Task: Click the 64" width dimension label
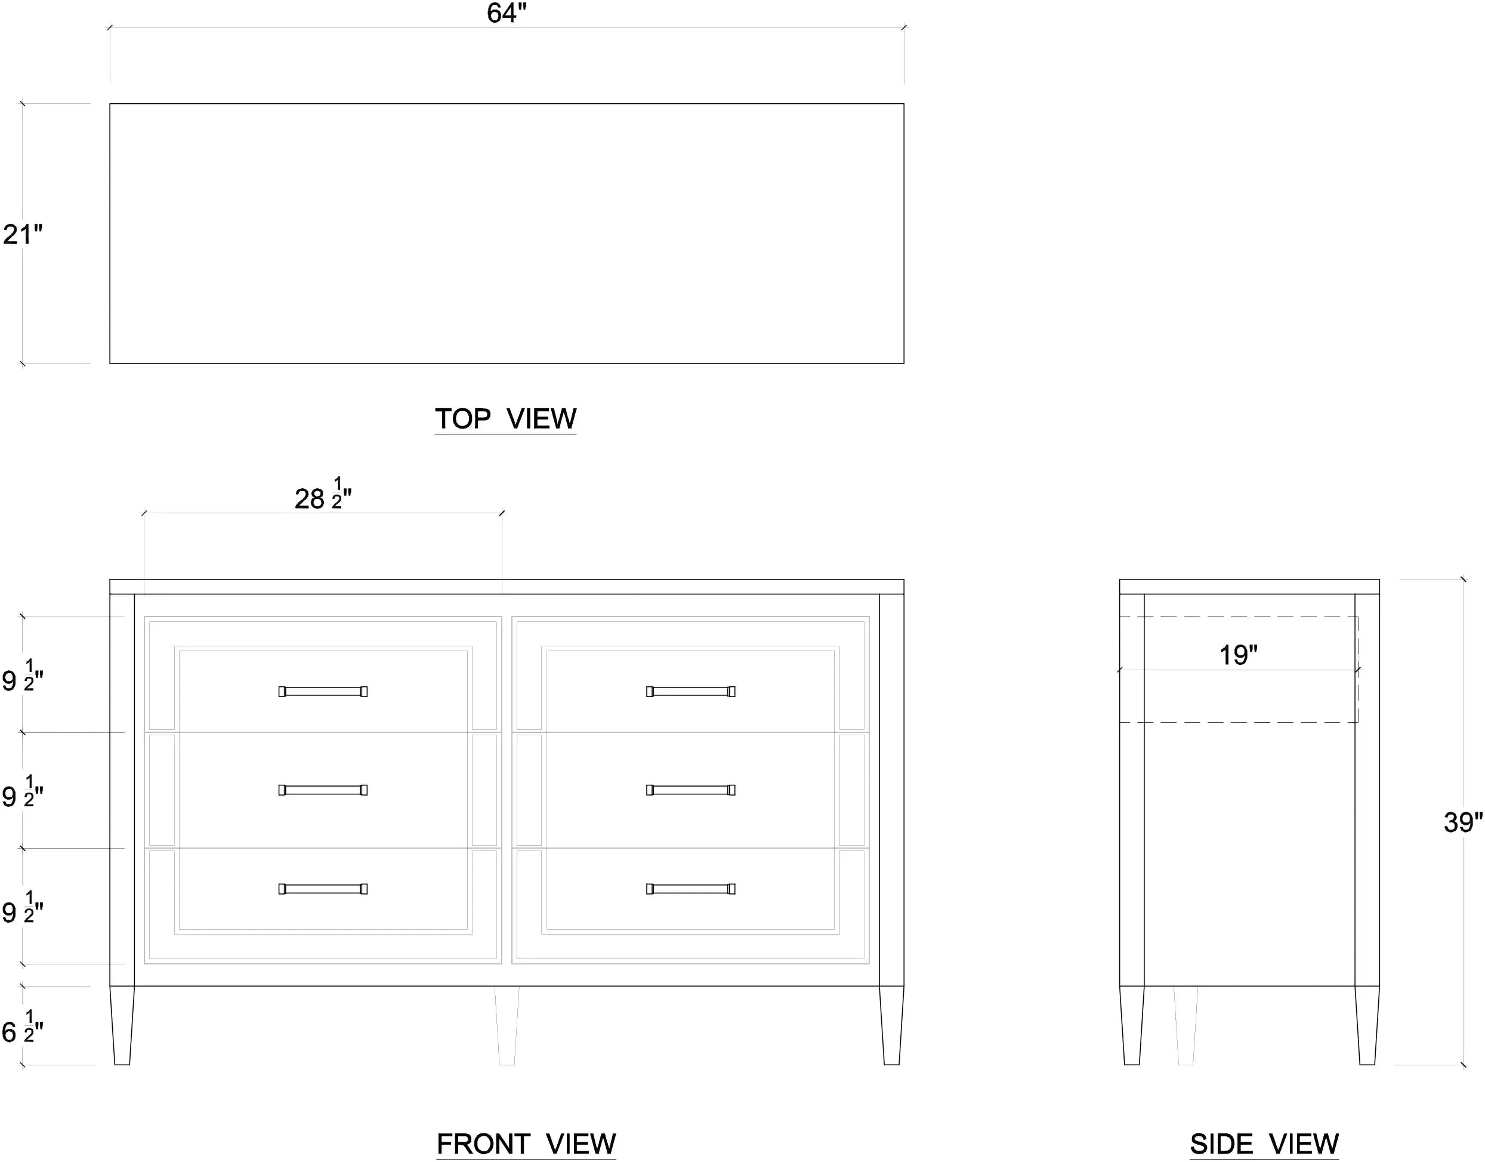pos(507,13)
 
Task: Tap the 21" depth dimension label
pos(23,234)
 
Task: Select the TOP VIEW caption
pos(505,418)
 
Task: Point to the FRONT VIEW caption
pos(526,1143)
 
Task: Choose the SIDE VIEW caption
pos(1264,1143)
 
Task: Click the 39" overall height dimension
pos(1462,822)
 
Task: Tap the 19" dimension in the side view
pos(1238,655)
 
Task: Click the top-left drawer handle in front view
pos(323,691)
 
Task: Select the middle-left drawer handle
pos(323,790)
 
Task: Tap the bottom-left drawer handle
pos(323,889)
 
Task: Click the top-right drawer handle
pos(691,691)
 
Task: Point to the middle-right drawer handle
pos(691,790)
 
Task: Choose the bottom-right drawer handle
pos(691,889)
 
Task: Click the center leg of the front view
pos(507,1025)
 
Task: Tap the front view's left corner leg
pos(122,1025)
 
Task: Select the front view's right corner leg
pos(891,1025)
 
